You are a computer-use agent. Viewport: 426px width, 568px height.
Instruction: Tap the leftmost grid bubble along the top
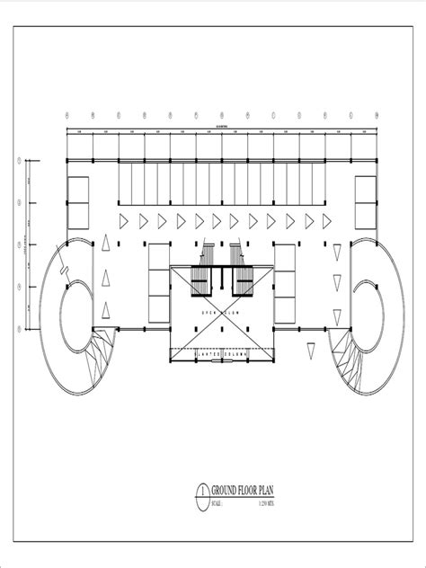point(67,114)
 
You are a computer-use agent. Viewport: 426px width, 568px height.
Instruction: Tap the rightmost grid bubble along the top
point(377,114)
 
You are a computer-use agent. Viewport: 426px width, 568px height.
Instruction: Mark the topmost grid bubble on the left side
point(19,163)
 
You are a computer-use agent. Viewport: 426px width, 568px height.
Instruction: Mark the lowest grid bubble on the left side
point(19,330)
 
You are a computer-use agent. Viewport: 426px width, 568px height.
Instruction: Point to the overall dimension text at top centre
point(222,127)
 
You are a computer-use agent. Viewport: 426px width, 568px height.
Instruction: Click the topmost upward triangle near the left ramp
point(106,242)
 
